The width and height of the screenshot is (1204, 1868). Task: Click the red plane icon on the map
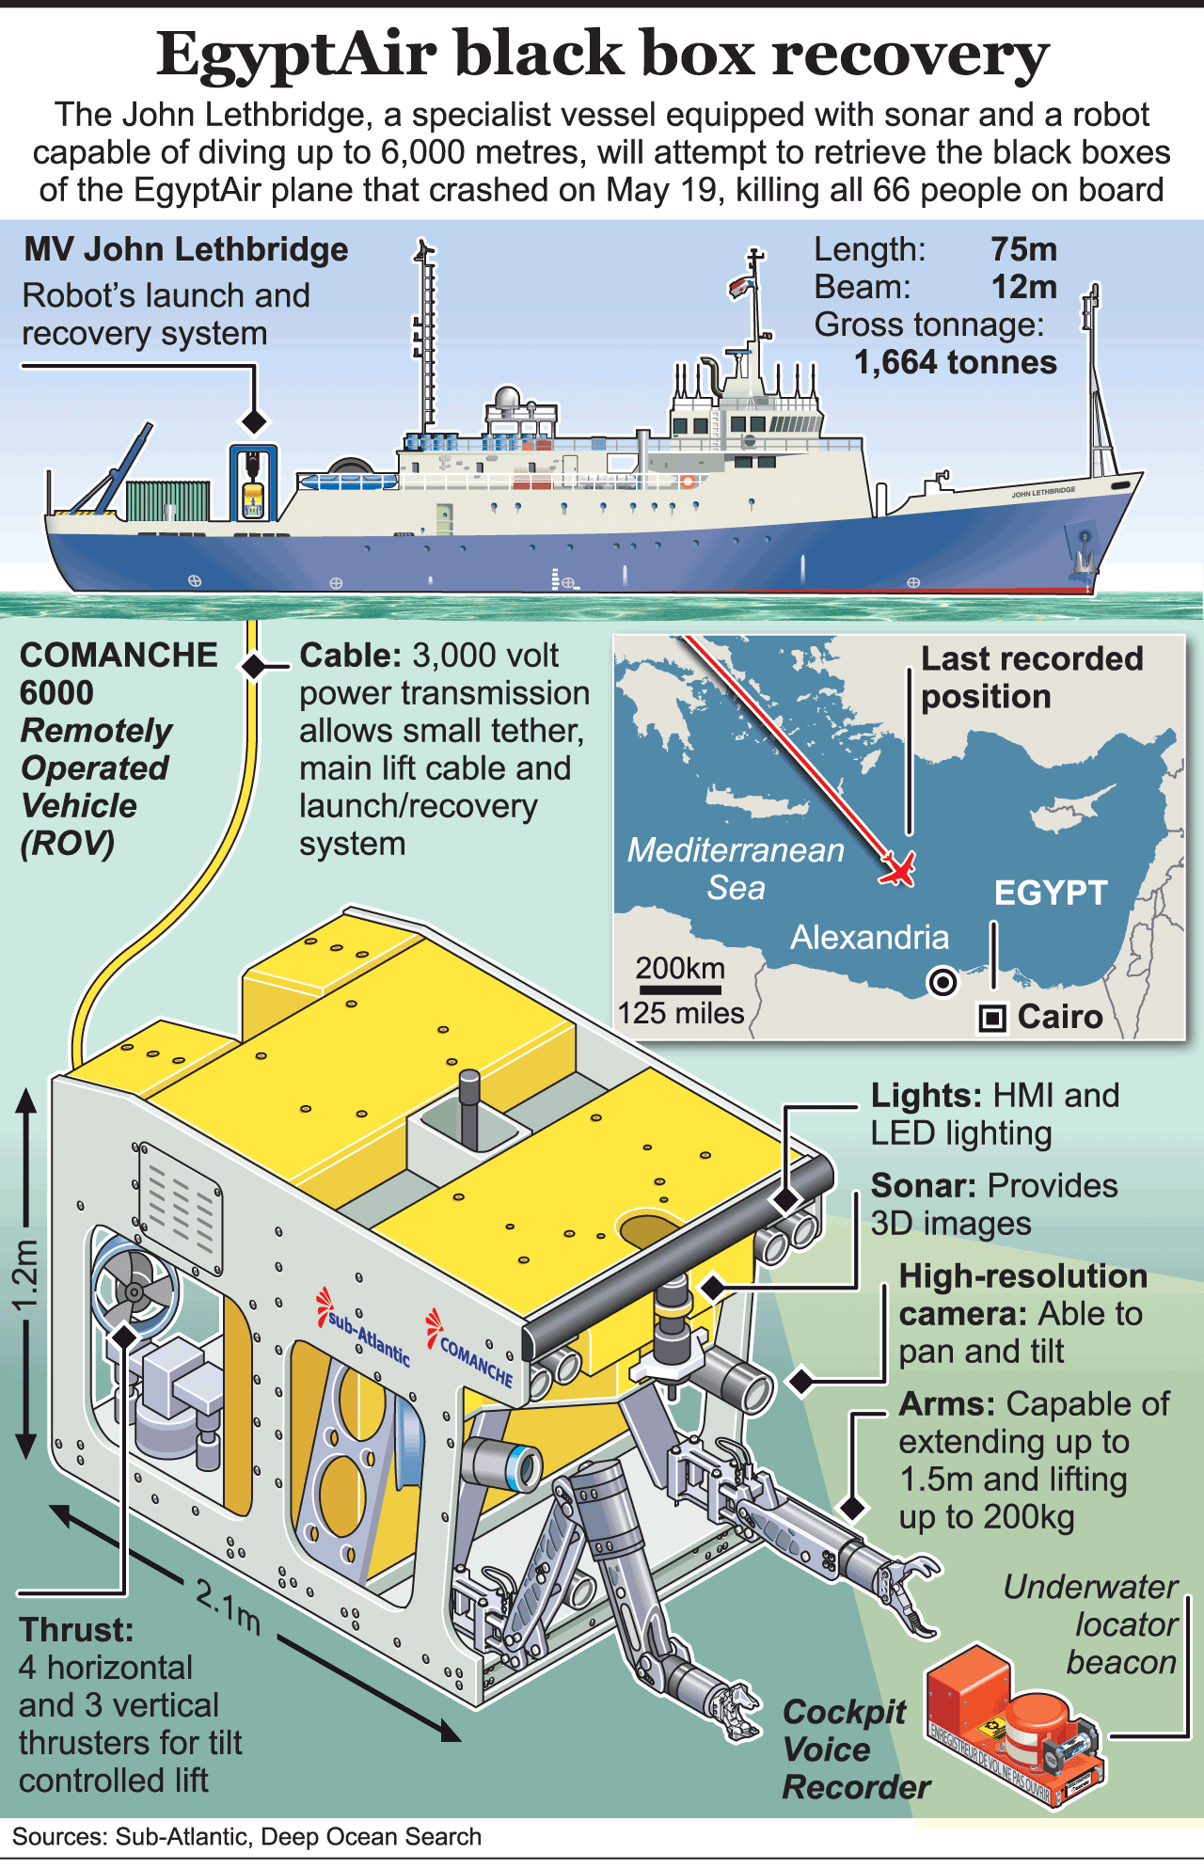point(897,869)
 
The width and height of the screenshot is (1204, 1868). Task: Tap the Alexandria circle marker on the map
point(942,982)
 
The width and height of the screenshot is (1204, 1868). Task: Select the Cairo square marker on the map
point(992,1018)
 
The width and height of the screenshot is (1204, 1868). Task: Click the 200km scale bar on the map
point(679,989)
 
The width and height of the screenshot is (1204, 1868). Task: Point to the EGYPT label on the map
point(1051,893)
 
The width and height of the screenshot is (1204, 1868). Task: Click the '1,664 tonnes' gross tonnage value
point(955,362)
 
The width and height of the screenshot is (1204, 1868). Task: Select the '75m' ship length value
point(1023,249)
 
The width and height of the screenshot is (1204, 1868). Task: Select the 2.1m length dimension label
point(228,1607)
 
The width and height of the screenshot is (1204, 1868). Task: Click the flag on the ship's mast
point(740,286)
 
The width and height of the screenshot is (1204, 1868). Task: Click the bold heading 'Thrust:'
point(76,1630)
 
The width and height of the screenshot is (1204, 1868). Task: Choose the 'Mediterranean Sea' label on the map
point(736,868)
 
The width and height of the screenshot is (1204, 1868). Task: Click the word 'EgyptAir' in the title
point(296,54)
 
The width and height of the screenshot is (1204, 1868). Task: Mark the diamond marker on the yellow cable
point(253,666)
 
